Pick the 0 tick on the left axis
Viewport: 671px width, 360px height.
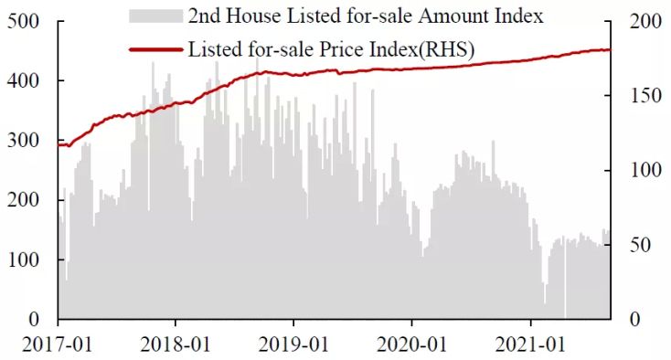pos(34,319)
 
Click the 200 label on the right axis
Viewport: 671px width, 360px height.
pos(644,21)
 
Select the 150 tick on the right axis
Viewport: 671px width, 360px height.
pos(644,96)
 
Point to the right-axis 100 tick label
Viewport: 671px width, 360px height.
pos(644,170)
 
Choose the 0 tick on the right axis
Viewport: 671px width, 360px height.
pos(634,319)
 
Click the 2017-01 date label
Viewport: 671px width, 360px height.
pos(57,344)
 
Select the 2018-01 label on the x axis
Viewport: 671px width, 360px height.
pos(176,344)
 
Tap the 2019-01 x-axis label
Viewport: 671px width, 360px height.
pos(293,344)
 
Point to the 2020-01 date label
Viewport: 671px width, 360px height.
pos(412,344)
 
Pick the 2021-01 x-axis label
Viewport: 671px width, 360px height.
pos(530,344)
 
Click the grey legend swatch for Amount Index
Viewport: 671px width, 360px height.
pos(155,16)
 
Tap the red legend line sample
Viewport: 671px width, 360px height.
pos(155,50)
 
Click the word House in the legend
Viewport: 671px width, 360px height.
pos(254,16)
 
